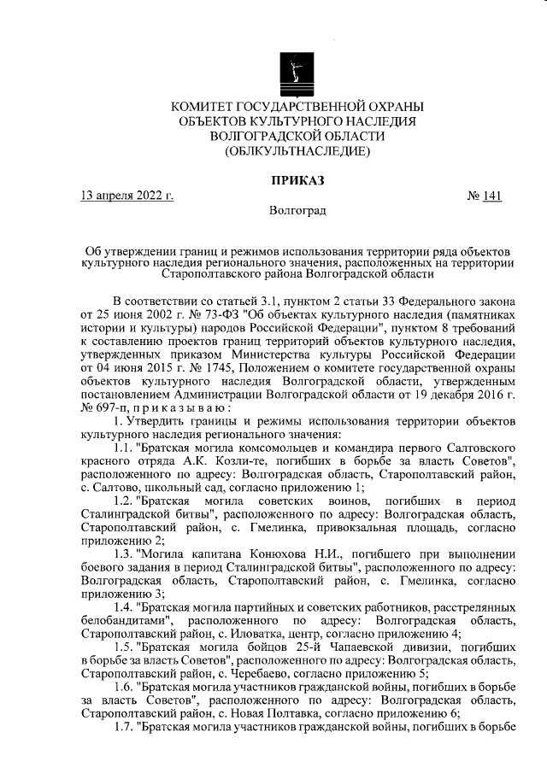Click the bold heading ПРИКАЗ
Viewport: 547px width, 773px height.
click(x=297, y=179)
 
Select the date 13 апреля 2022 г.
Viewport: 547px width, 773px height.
click(x=126, y=196)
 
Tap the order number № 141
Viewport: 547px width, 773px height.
click(x=484, y=196)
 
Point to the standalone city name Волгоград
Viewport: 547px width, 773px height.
click(x=297, y=210)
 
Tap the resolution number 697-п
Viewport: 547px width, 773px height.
click(x=111, y=408)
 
